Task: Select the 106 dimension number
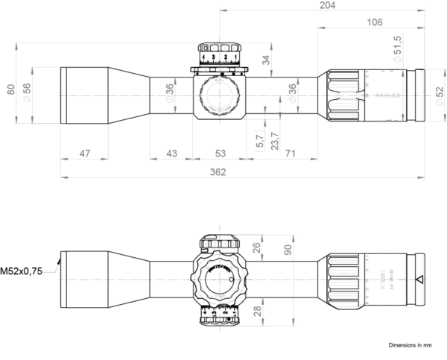tap(375, 23)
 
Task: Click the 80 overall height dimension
tap(10, 90)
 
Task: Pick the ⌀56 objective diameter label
tap(27, 92)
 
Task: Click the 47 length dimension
tap(84, 154)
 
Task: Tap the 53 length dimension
tap(221, 154)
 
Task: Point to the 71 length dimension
tap(290, 154)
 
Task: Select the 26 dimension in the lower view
tap(256, 248)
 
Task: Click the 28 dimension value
tap(256, 310)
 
